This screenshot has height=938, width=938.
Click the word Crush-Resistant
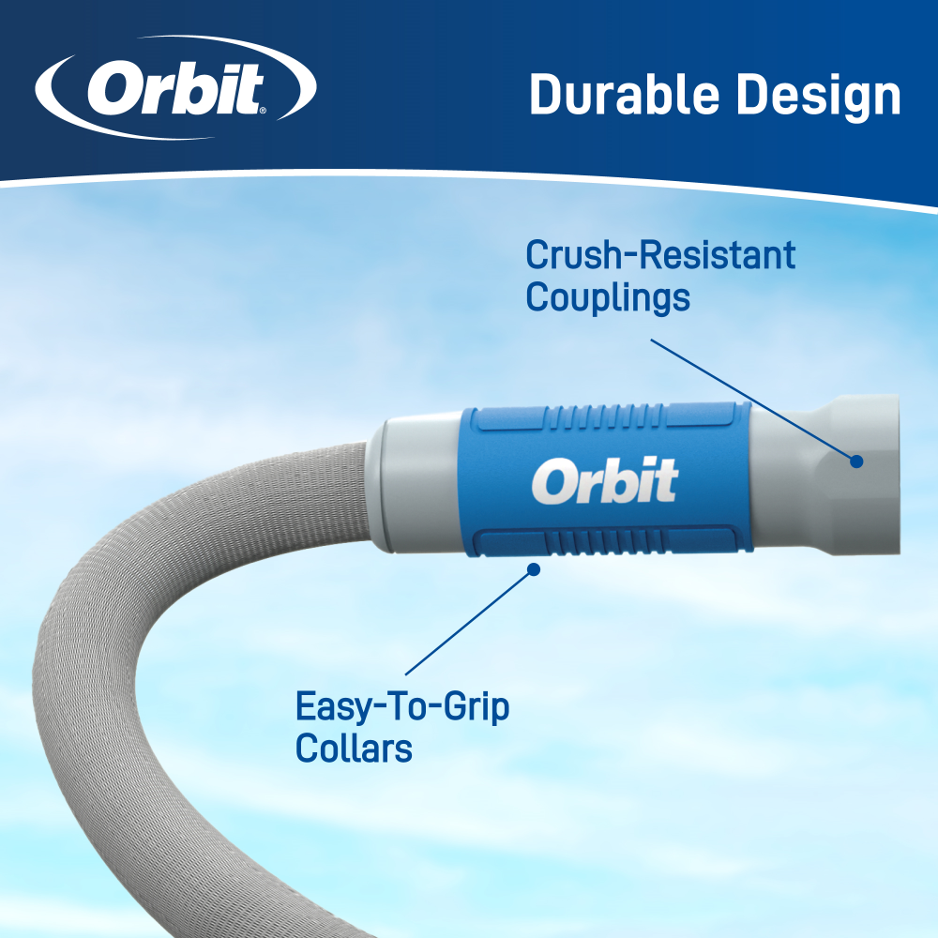click(660, 255)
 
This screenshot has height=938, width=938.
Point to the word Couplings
click(608, 297)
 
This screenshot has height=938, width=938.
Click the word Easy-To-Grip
click(402, 706)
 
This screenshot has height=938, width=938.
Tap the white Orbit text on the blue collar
click(605, 481)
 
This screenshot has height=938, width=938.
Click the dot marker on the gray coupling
click(855, 461)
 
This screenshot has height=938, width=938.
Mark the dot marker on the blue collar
click(533, 568)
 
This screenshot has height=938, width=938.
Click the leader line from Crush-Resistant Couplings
click(750, 399)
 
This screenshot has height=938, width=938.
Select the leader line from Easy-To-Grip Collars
click(469, 621)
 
